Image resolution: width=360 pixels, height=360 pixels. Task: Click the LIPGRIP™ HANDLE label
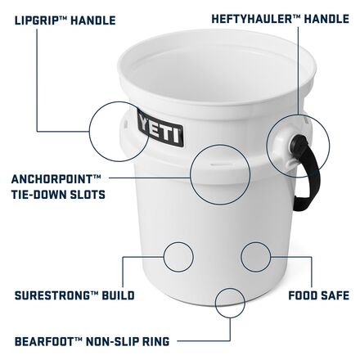pyautogui.click(x=65, y=20)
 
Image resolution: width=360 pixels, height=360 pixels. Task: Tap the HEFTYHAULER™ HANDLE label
pyautogui.click(x=281, y=19)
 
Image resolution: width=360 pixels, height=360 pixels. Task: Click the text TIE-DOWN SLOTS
pyautogui.click(x=58, y=195)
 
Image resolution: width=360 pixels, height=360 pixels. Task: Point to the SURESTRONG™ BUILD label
pyautogui.click(x=74, y=295)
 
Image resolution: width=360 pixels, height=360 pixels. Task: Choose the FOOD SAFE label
pyautogui.click(x=319, y=295)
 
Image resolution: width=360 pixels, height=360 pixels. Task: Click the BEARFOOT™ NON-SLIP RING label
pyautogui.click(x=92, y=341)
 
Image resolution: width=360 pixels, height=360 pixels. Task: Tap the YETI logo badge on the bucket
pyautogui.click(x=160, y=128)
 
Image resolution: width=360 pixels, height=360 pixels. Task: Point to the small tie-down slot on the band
pyautogui.click(x=221, y=164)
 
